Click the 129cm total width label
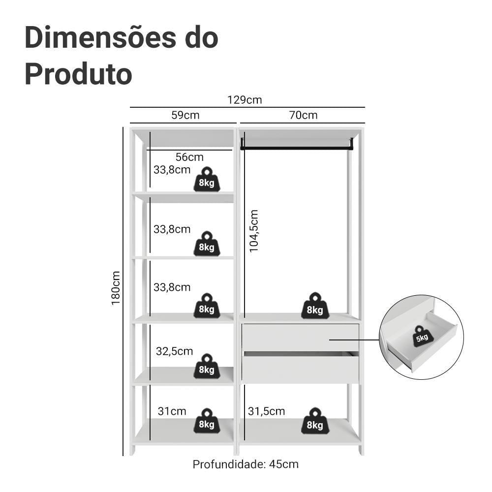pos(245,100)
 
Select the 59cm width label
pos(185,115)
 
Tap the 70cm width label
pos(303,115)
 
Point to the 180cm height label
pos(116,288)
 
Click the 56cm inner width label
pos(189,157)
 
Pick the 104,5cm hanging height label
pos(253,231)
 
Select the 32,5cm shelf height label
pos(174,351)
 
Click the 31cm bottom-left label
pos(172,411)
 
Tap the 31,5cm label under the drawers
pos(266,411)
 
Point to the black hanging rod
pos(297,147)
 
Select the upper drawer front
pos(300,338)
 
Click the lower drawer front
pos(300,369)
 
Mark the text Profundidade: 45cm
pos(246,464)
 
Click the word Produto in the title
pos(78,74)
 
